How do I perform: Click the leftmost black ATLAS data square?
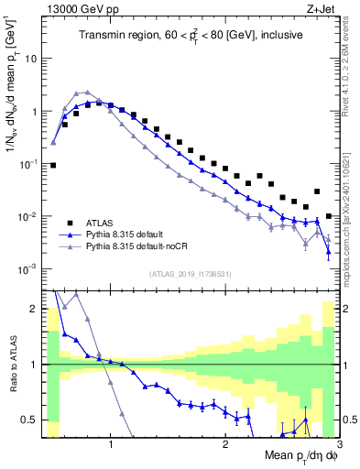(x=53, y=166)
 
